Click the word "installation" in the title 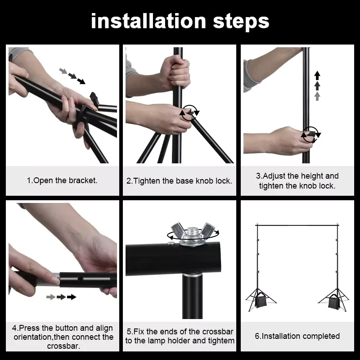click(148, 21)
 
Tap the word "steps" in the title click(241, 22)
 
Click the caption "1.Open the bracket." click(62, 181)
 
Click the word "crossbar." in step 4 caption click(63, 346)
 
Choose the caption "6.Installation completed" click(297, 336)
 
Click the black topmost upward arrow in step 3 click(317, 75)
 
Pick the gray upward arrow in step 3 click(317, 96)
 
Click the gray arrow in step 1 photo click(63, 71)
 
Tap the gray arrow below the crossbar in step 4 click(51, 297)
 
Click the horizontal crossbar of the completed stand click(297, 225)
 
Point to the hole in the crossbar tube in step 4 click(80, 279)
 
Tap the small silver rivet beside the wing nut click(171, 243)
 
